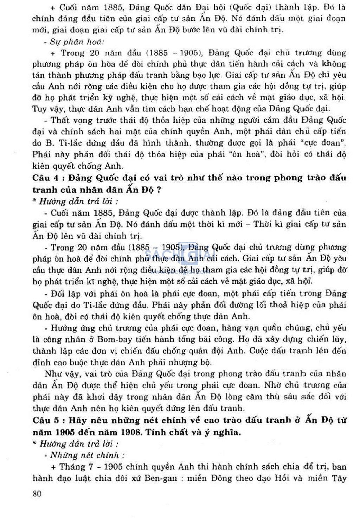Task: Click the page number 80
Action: [37, 494]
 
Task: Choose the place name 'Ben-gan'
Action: [161, 478]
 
